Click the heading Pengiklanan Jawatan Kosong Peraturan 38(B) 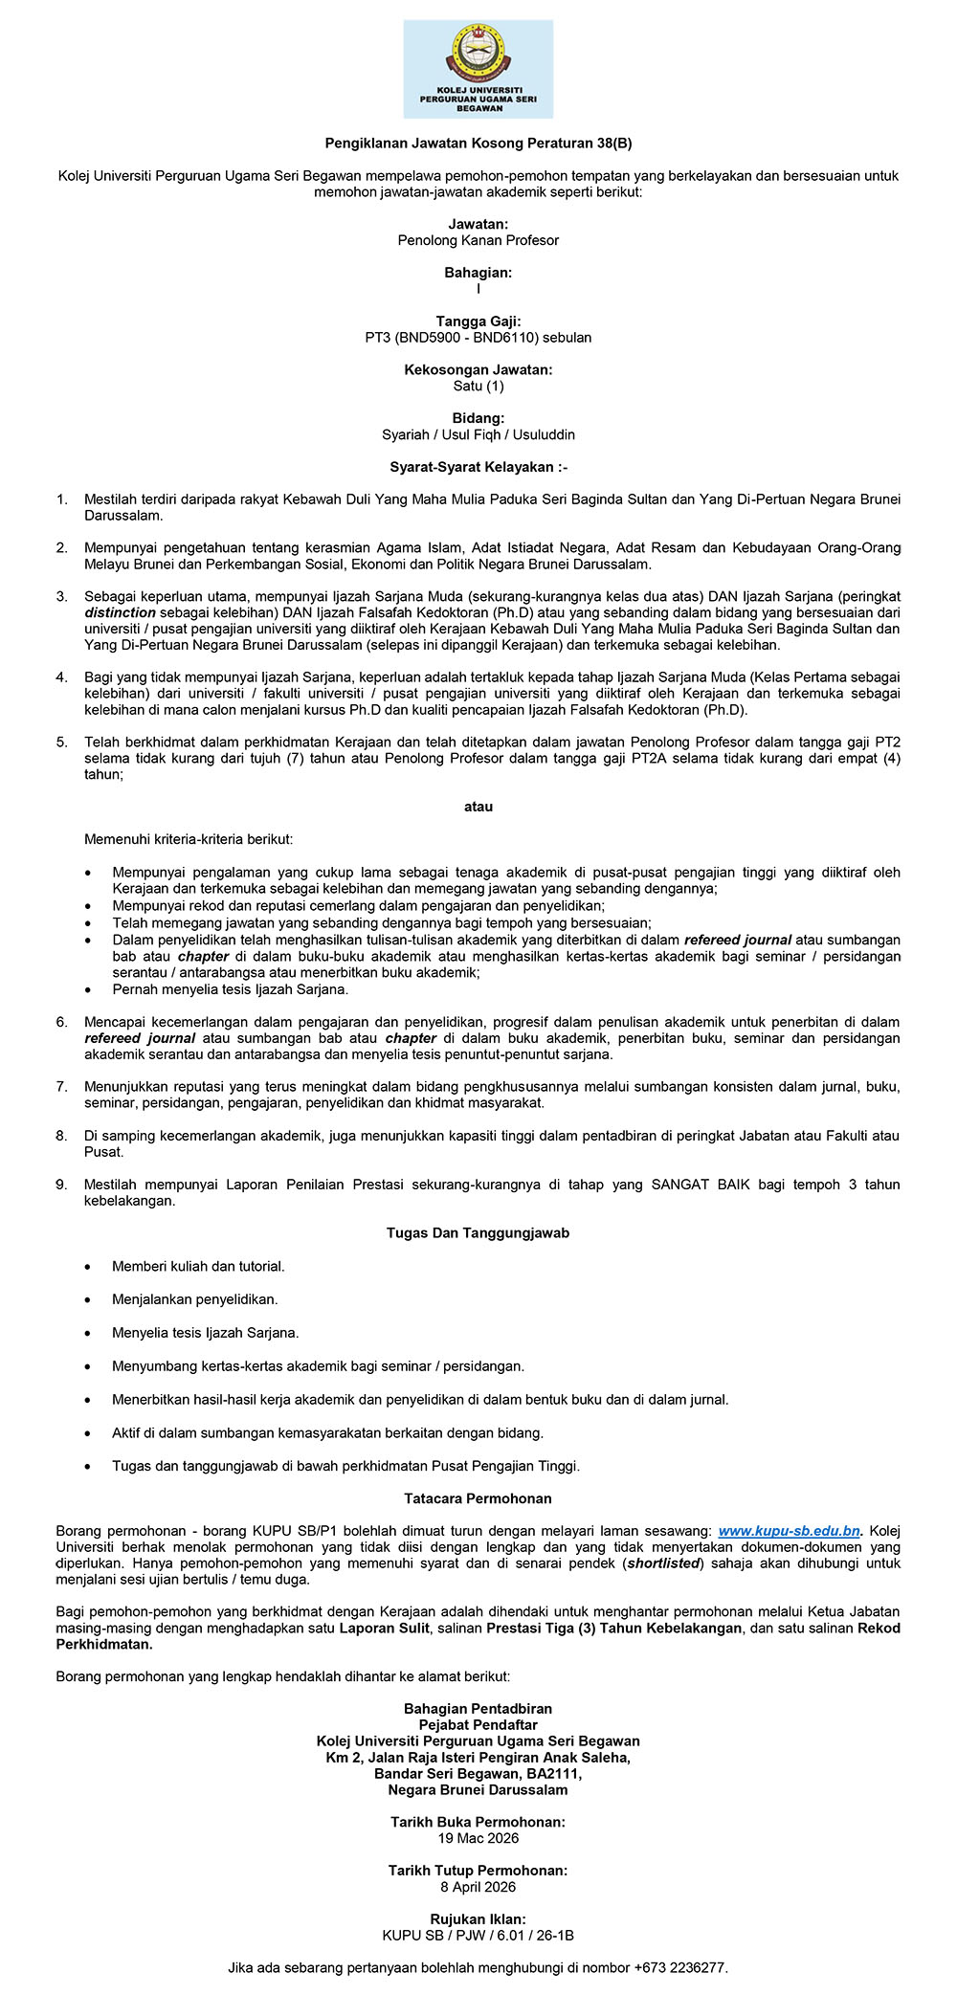click(478, 144)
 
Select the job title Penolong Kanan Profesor click(478, 240)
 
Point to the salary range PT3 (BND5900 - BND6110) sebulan click(478, 338)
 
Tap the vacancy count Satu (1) click(478, 387)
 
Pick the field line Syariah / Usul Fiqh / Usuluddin click(478, 434)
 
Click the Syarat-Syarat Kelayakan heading click(478, 467)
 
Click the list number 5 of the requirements click(62, 742)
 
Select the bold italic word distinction click(120, 611)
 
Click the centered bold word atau click(478, 807)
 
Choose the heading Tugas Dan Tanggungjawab click(478, 1233)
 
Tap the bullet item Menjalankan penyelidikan click(194, 1299)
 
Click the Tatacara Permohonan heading click(478, 1498)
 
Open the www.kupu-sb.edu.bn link click(789, 1531)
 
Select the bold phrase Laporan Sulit click(384, 1628)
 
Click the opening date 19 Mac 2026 click(478, 1838)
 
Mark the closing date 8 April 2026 click(478, 1887)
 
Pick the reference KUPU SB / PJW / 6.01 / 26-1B click(478, 1936)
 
